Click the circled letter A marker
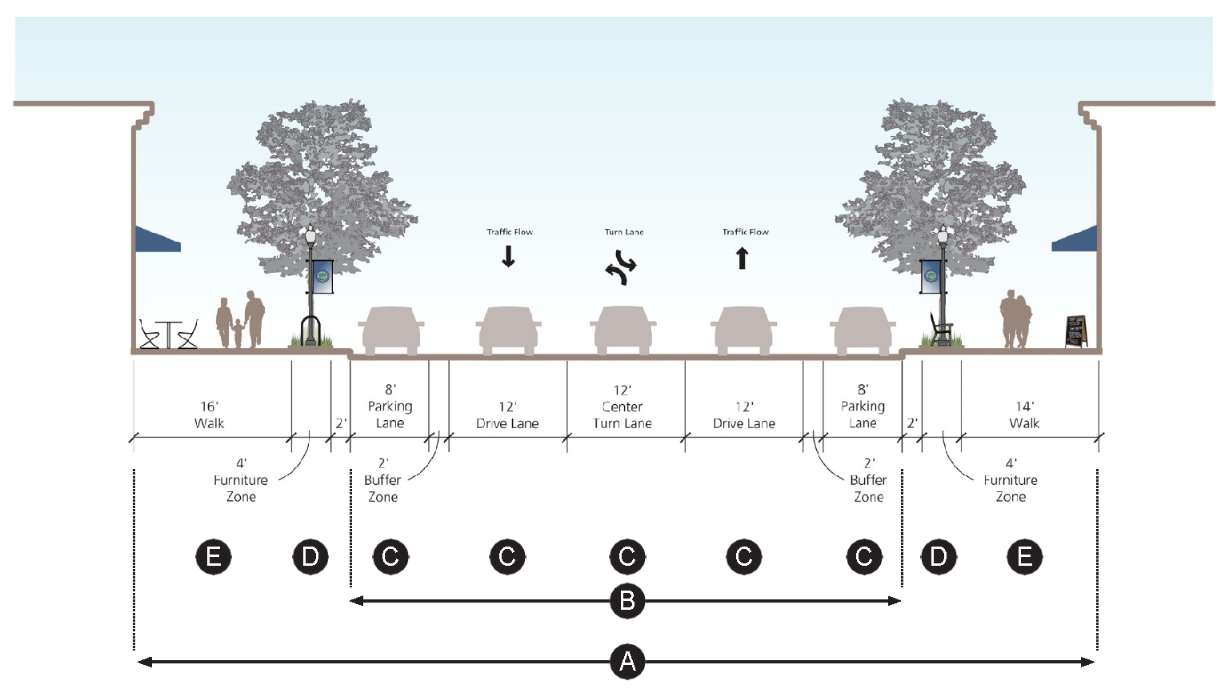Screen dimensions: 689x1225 pos(627,662)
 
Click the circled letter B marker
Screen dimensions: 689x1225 pos(627,600)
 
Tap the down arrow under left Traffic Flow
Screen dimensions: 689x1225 pos(508,256)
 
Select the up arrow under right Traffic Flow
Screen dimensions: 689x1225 pos(742,258)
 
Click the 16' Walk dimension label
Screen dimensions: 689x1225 pos(209,415)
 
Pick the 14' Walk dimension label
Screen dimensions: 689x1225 pos(1024,415)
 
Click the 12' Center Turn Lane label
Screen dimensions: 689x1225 pos(623,407)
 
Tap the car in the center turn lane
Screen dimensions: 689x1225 pos(623,330)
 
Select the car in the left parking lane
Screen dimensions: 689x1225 pos(390,330)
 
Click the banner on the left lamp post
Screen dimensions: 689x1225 pos(322,276)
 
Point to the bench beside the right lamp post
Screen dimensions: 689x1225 pos(941,329)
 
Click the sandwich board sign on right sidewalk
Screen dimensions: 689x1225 pos(1076,331)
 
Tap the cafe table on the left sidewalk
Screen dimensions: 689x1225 pos(168,334)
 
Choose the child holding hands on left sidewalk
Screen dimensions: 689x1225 pos(238,334)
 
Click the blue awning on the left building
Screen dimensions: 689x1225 pos(156,239)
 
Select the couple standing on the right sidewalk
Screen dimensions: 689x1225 pos(1016,320)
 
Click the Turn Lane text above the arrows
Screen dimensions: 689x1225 pos(624,232)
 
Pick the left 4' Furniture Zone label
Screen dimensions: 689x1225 pos(240,479)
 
